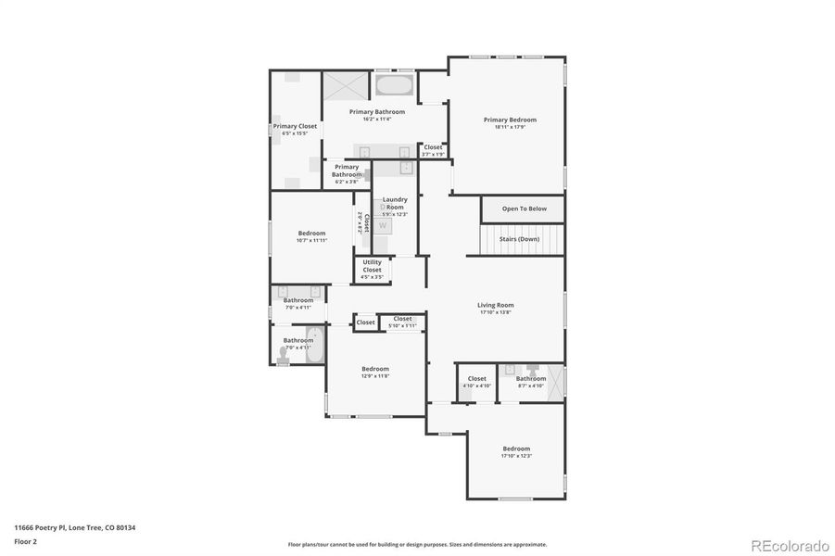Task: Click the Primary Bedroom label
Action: click(x=510, y=120)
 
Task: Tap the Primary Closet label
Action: click(x=295, y=126)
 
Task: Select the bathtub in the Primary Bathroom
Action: click(x=395, y=86)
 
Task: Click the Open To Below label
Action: click(x=524, y=208)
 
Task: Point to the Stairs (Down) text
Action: click(x=519, y=239)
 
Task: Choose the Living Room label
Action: click(x=495, y=305)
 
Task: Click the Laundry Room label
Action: click(x=395, y=203)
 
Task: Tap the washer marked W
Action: click(x=383, y=225)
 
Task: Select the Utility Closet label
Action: click(x=372, y=266)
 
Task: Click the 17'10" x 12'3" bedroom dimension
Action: click(x=516, y=456)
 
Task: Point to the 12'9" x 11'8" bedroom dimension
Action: click(x=375, y=376)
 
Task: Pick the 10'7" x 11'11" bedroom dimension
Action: click(x=311, y=240)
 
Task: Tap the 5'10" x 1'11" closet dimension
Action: click(x=402, y=325)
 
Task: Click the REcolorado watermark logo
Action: click(x=790, y=544)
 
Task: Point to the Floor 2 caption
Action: click(x=26, y=540)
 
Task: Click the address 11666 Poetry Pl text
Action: click(x=74, y=527)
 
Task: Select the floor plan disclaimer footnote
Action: click(x=417, y=545)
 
